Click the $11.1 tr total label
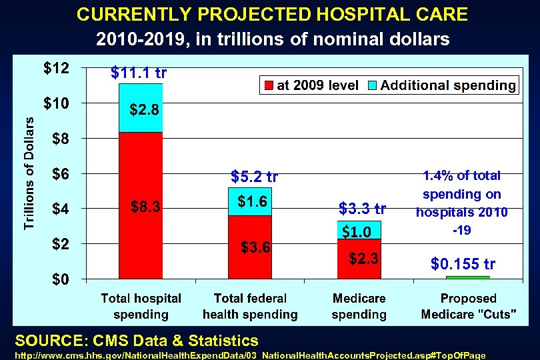tap(139, 73)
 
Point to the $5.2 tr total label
tap(254, 177)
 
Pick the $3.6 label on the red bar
tap(255, 248)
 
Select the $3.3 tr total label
tap(362, 208)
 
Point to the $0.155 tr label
tap(463, 265)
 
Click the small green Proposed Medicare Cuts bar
tap(467, 277)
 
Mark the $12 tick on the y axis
tap(57, 69)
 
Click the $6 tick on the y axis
tap(61, 174)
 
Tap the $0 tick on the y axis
tap(61, 279)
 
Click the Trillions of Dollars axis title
tap(30, 172)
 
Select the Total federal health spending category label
tap(250, 306)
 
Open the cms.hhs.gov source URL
tap(250, 355)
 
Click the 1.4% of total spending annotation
tap(462, 203)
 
